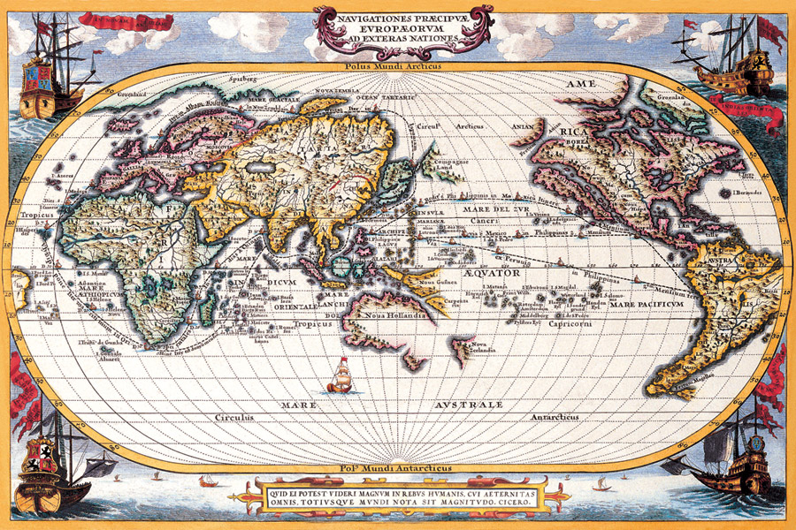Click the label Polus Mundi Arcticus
(x=397, y=65)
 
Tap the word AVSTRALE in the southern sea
(x=468, y=405)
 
